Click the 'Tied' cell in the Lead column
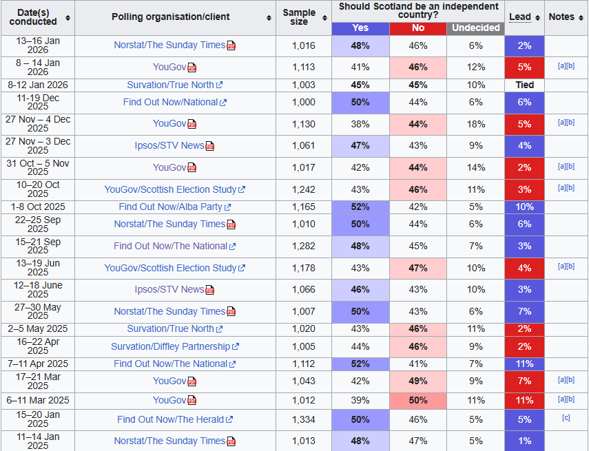coord(524,85)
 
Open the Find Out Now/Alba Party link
coord(170,207)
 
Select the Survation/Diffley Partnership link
coord(170,346)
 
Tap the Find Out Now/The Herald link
coord(170,419)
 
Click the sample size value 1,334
coord(303,419)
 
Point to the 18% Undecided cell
coord(475,124)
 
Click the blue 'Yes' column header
coord(360,28)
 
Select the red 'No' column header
coord(418,28)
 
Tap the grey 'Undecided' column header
coord(475,28)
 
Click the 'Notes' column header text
coord(561,17)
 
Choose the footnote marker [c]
coord(566,418)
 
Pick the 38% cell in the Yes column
coord(360,124)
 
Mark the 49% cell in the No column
coord(418,381)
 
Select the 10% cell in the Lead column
coord(524,207)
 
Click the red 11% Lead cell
coord(524,400)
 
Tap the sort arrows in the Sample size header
coord(324,17)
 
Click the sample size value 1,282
coord(303,246)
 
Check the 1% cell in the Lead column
coord(524,441)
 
